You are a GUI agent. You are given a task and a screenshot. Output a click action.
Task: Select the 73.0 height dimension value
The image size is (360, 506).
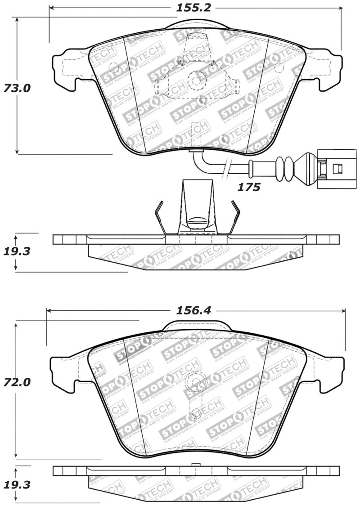coord(17,88)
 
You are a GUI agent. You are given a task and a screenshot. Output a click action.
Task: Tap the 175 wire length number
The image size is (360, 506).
coord(249,187)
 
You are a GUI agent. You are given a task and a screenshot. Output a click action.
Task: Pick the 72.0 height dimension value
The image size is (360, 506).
coord(17,383)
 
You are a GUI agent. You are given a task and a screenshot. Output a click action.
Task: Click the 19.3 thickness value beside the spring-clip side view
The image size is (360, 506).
coord(17,251)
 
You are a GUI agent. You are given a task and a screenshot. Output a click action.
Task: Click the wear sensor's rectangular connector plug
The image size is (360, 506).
coord(331,169)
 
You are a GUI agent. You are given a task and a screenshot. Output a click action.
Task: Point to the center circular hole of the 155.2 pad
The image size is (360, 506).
coord(196,81)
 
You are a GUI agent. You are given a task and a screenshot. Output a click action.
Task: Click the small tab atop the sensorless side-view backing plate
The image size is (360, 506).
coord(195,465)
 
